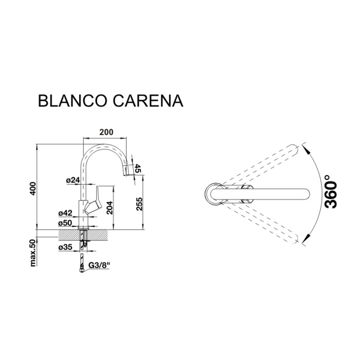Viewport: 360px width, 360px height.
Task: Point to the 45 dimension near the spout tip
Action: point(137,169)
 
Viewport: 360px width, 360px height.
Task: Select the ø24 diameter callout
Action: point(73,180)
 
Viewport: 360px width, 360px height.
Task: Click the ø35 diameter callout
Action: point(66,247)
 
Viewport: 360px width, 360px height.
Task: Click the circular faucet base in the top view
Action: point(213,194)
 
